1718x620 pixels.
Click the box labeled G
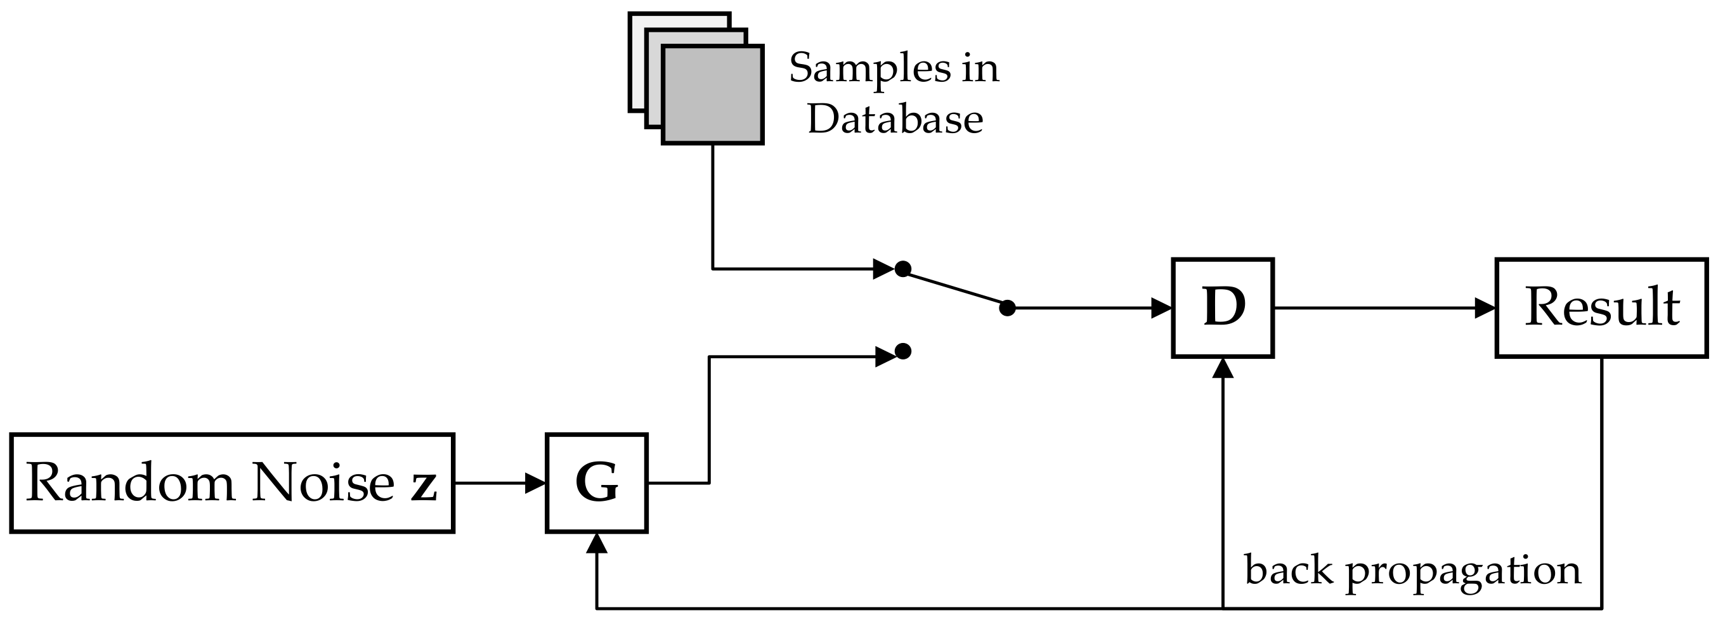[596, 483]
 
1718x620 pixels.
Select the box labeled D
[1223, 308]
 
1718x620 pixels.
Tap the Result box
[1601, 308]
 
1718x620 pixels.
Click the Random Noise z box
[231, 483]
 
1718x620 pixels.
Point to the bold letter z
[424, 486]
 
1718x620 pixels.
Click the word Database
[895, 120]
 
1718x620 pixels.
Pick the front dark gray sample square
[712, 94]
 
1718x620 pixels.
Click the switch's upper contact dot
[902, 269]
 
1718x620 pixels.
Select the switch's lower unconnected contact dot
[902, 351]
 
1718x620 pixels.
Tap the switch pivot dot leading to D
[1007, 308]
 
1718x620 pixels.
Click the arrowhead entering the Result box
[1485, 308]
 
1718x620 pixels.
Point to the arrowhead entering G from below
[596, 544]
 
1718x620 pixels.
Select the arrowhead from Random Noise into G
[535, 483]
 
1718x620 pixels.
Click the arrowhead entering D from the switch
[1161, 308]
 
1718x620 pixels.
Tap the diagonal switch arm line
[955, 288]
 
